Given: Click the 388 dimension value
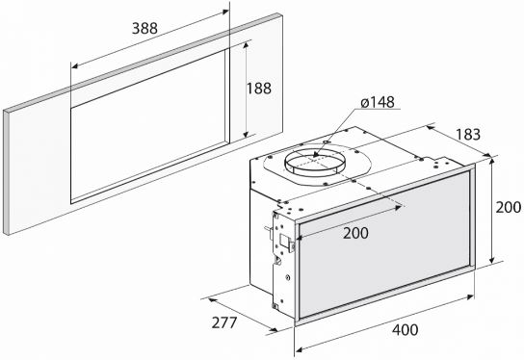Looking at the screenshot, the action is (x=144, y=28).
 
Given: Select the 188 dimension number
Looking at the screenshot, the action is (x=259, y=89).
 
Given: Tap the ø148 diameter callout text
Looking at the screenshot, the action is (x=378, y=102).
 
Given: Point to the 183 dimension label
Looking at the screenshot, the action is (x=468, y=134).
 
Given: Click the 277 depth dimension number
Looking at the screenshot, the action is (x=224, y=322).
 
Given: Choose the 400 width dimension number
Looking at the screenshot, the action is (x=405, y=330).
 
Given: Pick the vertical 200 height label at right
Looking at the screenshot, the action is (x=508, y=207).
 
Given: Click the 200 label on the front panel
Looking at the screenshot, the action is (x=355, y=233).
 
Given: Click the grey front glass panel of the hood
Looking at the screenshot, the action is (x=384, y=245).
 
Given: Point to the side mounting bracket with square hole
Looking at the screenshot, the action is (x=283, y=261).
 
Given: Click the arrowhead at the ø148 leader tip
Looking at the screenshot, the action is (x=316, y=154).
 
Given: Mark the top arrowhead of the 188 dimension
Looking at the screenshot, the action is (x=247, y=46).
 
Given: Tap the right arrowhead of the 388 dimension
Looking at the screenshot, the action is (x=224, y=13).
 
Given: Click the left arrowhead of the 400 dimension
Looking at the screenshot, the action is (x=300, y=349).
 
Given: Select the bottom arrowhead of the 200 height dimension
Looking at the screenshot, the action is (x=491, y=260).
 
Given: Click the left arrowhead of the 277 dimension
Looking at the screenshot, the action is (x=211, y=300).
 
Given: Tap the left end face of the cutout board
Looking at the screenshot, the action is (x=6, y=172).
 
